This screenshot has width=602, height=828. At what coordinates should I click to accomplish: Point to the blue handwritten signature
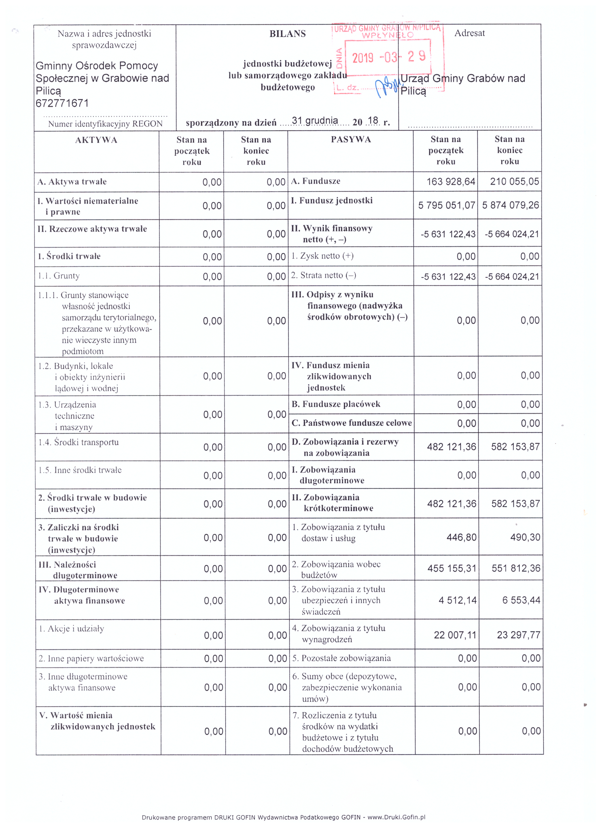tap(387, 87)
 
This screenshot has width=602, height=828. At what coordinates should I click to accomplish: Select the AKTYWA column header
tap(96, 140)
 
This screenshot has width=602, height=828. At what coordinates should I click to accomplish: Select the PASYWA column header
tap(351, 139)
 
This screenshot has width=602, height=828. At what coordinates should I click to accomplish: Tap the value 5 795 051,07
tap(447, 205)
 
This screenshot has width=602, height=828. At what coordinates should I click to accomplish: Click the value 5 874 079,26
tap(511, 205)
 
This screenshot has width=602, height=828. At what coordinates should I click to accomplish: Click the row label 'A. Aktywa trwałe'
tap(72, 182)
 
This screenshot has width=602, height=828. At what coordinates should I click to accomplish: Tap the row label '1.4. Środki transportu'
tap(79, 442)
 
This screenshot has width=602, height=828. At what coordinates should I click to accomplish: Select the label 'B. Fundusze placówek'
tap(336, 404)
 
